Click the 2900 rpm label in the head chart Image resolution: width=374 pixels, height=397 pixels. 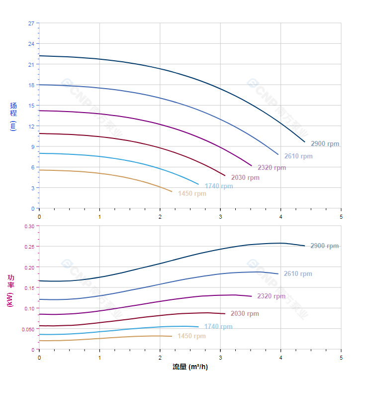point(325,144)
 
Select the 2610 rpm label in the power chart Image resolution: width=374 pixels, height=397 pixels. point(297,274)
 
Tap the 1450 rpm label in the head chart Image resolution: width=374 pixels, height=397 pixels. point(192,194)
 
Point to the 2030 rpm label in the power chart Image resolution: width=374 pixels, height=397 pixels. point(245,314)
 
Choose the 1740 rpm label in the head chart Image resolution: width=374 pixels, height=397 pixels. point(218,186)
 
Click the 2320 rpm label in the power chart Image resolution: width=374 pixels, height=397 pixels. point(271,296)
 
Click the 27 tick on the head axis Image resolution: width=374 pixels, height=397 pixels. point(31,23)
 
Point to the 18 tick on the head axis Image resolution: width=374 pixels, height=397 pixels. point(31,85)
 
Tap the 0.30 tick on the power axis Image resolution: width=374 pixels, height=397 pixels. point(29,226)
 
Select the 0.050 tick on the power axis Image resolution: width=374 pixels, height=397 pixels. point(28,329)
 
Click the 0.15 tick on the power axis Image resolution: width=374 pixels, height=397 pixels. point(29,288)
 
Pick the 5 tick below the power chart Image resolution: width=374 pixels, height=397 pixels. point(341,357)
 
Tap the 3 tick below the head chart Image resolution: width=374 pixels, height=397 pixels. point(220,216)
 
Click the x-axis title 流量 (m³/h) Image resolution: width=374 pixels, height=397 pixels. point(190,367)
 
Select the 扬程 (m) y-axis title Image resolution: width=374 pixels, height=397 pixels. point(13,116)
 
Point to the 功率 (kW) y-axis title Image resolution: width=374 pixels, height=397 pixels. point(10,290)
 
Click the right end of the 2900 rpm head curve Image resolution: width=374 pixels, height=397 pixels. point(304,142)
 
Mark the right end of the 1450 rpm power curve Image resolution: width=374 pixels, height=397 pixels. point(172,336)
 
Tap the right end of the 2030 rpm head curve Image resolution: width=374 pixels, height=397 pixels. point(225,176)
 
